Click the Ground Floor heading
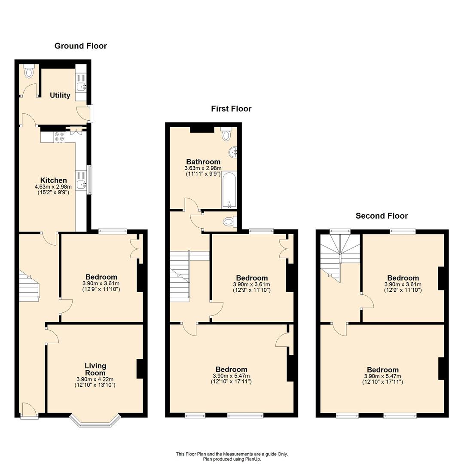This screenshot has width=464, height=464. [80, 46]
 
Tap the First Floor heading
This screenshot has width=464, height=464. [231, 109]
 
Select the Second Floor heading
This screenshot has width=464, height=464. [382, 216]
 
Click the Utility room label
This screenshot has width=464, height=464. [60, 95]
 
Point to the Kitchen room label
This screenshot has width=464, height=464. [54, 180]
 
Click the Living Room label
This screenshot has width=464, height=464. [95, 369]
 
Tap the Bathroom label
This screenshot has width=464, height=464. [203, 162]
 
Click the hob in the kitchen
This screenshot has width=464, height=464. [59, 137]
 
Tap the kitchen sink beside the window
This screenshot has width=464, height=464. [81, 184]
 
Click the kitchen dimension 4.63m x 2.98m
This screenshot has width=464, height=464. [53, 187]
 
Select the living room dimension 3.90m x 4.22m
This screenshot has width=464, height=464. [95, 379]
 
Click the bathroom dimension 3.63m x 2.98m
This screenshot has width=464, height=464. [203, 168]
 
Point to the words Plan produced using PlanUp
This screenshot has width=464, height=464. [232, 459]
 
